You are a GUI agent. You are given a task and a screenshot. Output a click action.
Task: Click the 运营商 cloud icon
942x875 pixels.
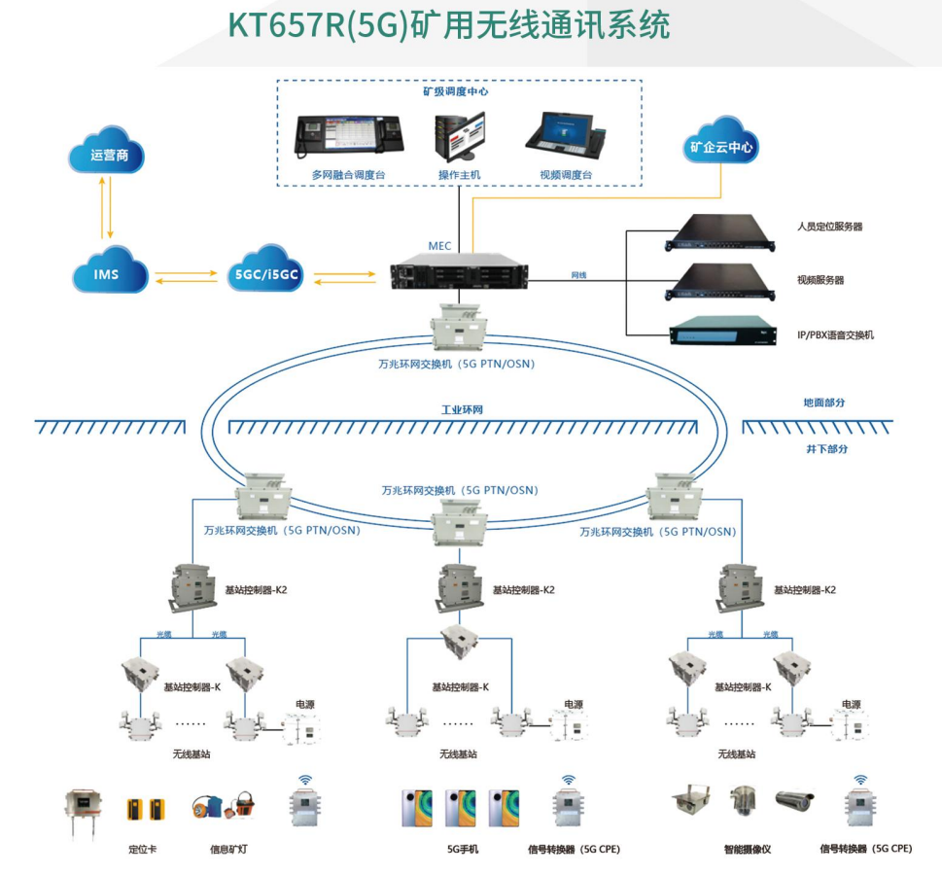click(109, 154)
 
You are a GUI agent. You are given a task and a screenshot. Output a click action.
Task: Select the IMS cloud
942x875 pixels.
click(108, 273)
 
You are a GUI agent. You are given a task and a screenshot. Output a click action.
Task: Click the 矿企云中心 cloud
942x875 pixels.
click(721, 148)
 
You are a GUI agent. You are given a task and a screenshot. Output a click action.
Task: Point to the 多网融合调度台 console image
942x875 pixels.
click(348, 140)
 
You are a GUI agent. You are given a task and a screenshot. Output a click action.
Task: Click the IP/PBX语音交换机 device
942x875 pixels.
click(717, 332)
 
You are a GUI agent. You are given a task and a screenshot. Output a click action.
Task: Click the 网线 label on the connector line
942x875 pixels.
click(578, 275)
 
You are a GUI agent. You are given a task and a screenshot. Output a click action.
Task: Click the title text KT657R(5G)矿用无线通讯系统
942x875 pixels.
click(449, 26)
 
